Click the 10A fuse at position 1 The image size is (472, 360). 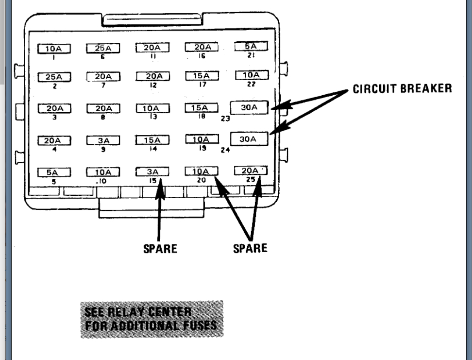pyautogui.click(x=54, y=49)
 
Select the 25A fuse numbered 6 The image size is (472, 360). pyautogui.click(x=103, y=48)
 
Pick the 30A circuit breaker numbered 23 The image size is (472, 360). pyautogui.click(x=249, y=108)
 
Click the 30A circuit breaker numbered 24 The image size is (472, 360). pyautogui.click(x=249, y=139)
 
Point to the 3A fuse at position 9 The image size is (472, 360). pyautogui.click(x=103, y=141)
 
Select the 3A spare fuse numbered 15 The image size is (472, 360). pyautogui.click(x=152, y=171)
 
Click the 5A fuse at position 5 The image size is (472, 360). pyautogui.click(x=54, y=172)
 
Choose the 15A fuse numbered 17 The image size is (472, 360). pyautogui.click(x=201, y=76)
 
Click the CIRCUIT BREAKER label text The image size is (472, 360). pyautogui.click(x=402, y=89)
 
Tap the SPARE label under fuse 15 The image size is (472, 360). pyautogui.click(x=160, y=249)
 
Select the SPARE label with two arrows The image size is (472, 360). pyautogui.click(x=250, y=248)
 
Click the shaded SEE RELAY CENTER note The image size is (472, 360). pyautogui.click(x=152, y=319)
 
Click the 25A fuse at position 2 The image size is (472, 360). pyautogui.click(x=54, y=77)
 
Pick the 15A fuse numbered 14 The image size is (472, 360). pyautogui.click(x=152, y=140)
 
